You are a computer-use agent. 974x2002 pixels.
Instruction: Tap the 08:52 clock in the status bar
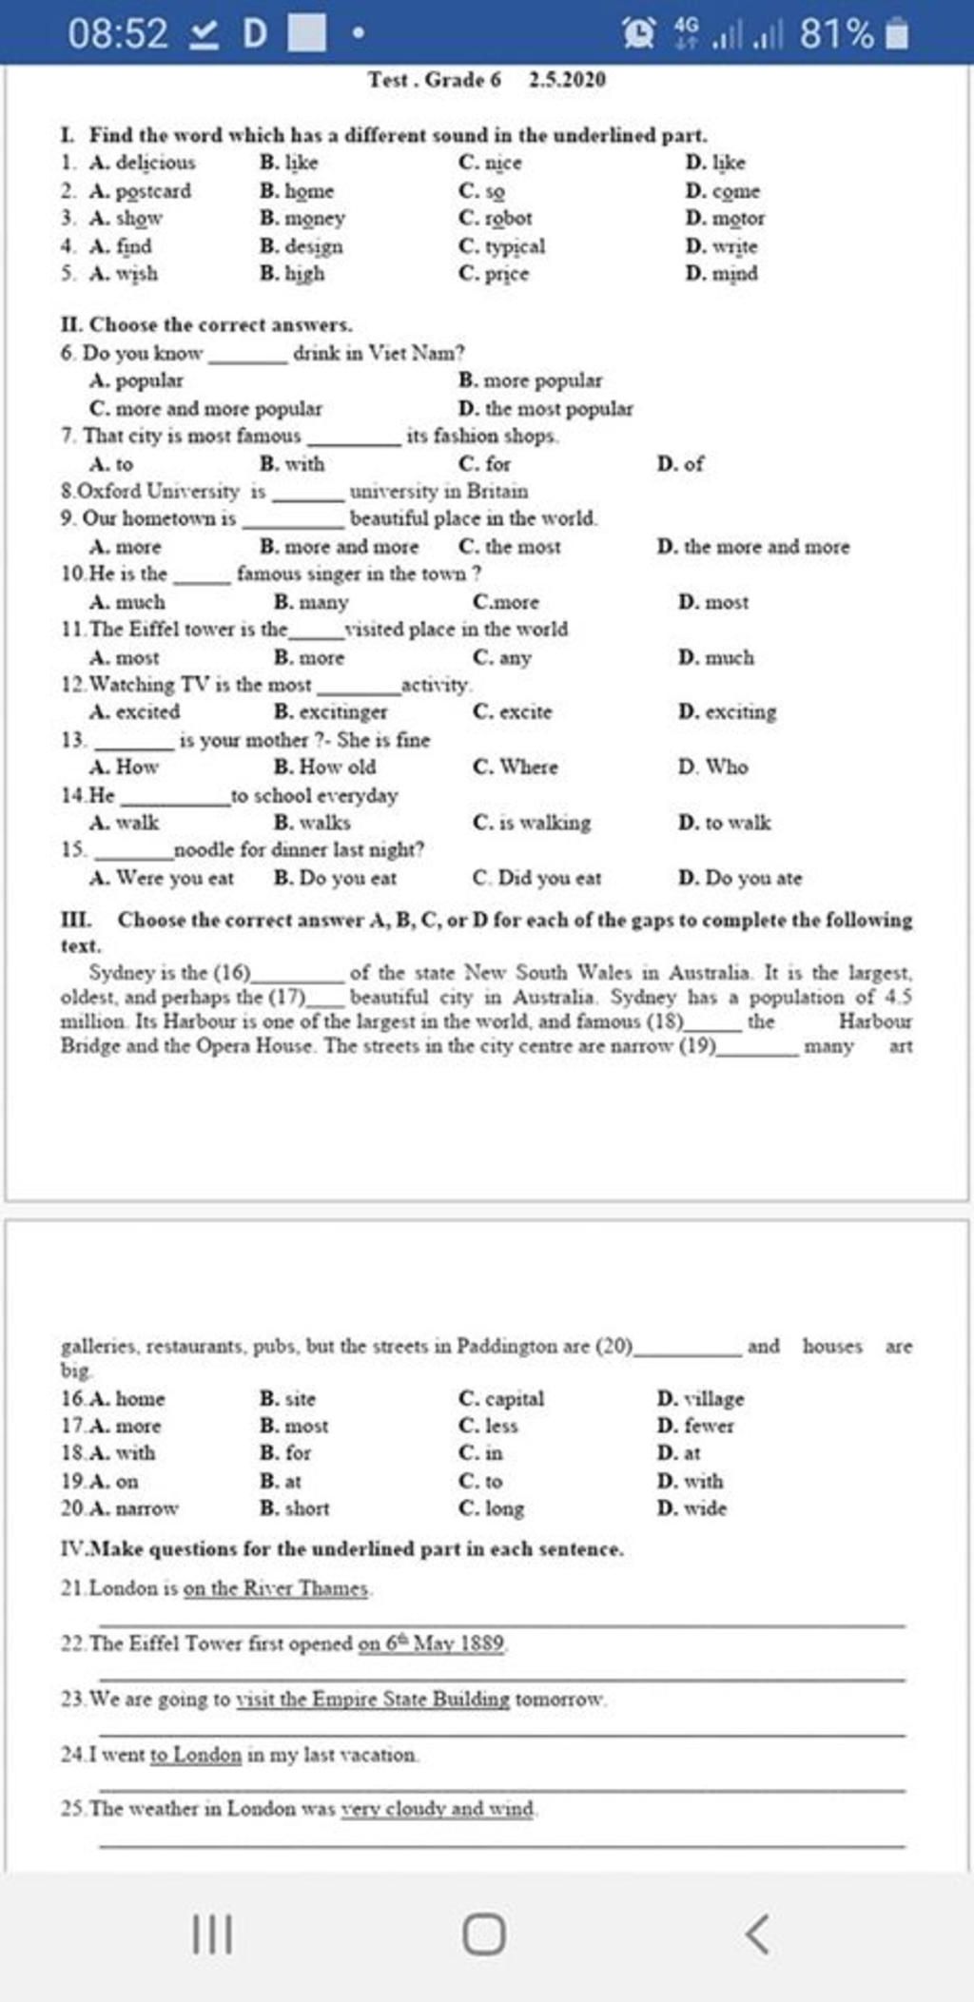tap(117, 35)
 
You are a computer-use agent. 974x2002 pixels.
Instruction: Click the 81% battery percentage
tap(835, 35)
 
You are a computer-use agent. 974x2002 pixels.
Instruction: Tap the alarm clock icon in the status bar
tap(638, 35)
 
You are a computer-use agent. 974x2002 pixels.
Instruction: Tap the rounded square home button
tap(484, 1934)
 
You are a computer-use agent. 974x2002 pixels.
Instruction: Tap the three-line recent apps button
tap(212, 1934)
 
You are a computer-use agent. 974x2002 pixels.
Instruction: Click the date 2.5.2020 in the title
tap(567, 80)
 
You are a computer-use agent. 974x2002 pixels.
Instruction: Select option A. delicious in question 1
tap(143, 163)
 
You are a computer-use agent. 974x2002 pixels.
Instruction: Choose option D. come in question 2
tap(723, 191)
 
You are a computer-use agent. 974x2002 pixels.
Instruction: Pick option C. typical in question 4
tap(502, 246)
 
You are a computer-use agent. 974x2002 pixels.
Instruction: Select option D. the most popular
tap(546, 409)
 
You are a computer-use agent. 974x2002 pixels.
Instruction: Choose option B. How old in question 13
tap(324, 767)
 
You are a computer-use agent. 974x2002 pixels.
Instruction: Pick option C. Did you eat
tap(536, 878)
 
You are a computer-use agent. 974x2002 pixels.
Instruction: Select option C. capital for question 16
tap(501, 1398)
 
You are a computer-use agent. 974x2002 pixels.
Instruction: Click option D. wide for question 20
tap(692, 1507)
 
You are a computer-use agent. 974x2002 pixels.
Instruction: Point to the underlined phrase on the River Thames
tap(276, 1588)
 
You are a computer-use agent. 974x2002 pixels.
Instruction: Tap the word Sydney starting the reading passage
tap(120, 972)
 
